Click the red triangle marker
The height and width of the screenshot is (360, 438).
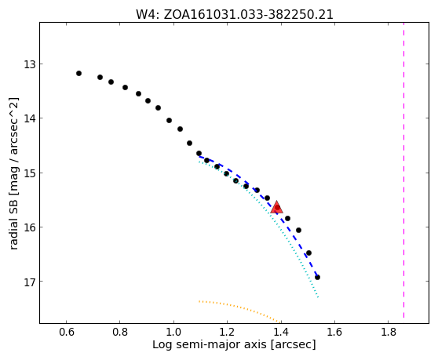pyautogui.click(x=276, y=207)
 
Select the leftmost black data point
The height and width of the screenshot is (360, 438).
pyautogui.click(x=78, y=74)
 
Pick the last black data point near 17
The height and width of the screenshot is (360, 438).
pyautogui.click(x=317, y=277)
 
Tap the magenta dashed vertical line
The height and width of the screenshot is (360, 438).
pyautogui.click(x=403, y=170)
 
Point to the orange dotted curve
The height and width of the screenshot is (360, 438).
pyautogui.click(x=239, y=309)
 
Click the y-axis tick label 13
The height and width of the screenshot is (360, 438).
pyautogui.click(x=30, y=64)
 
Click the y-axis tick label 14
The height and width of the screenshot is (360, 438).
pyautogui.click(x=30, y=118)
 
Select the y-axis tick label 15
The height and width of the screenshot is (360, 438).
pyautogui.click(x=30, y=173)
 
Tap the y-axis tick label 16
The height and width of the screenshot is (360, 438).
pyautogui.click(x=30, y=227)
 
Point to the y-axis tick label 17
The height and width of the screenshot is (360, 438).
pyautogui.click(x=30, y=282)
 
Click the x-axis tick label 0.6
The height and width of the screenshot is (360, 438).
pyautogui.click(x=66, y=332)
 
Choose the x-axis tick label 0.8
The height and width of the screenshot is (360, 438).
pyautogui.click(x=120, y=332)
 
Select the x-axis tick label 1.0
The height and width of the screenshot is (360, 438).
pyautogui.click(x=173, y=332)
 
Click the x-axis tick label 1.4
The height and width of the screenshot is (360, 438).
pyautogui.click(x=281, y=332)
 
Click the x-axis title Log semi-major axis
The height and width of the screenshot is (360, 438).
pyautogui.click(x=210, y=345)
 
